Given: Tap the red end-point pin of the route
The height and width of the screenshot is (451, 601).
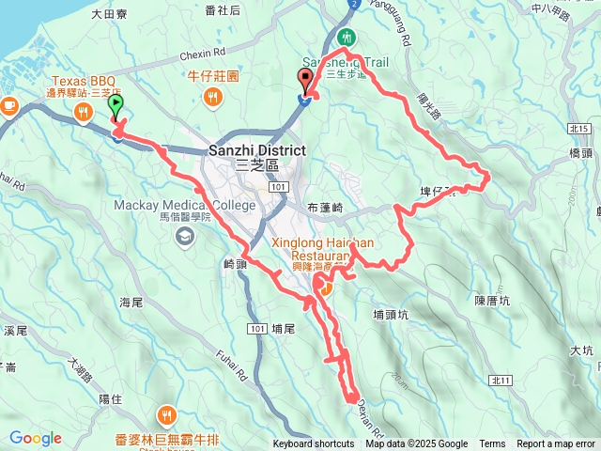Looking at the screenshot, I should coord(305,81).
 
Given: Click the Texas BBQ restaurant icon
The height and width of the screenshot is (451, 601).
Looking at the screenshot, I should coord(84,114).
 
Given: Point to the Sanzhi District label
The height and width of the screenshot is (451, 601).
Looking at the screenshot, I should coord(254,150).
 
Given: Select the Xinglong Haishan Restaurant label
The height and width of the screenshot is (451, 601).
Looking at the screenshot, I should coord(323,249).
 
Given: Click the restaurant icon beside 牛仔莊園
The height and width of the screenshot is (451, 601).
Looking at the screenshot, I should coord(214,95).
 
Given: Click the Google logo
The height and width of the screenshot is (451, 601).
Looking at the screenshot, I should coord(35,438).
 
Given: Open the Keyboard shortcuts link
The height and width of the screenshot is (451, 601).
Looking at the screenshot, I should coord(314,444).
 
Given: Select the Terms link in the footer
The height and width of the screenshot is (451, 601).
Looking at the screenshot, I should coord(492,444).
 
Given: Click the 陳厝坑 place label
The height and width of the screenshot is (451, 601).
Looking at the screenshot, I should coord(492,301).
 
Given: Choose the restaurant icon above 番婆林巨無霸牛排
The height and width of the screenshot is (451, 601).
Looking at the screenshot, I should coord(166,413).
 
